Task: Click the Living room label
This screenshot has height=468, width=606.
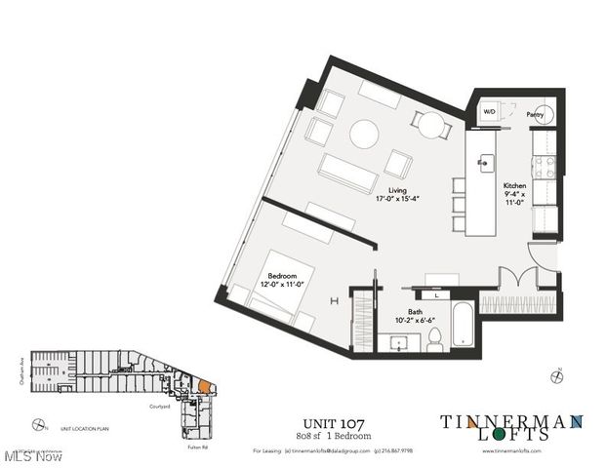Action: (396, 191)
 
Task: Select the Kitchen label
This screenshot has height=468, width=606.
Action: (514, 185)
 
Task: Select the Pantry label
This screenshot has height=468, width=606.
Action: (535, 114)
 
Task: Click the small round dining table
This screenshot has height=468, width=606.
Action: (431, 123)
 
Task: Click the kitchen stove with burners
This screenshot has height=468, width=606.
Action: (545, 168)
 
